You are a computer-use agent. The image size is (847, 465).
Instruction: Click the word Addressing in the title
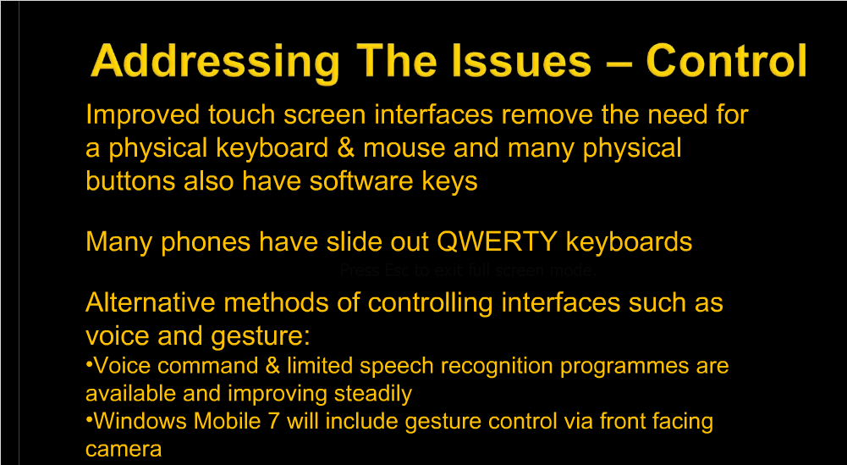(216, 62)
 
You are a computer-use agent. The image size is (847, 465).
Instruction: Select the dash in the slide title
(619, 64)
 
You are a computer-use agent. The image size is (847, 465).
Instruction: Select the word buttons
(130, 180)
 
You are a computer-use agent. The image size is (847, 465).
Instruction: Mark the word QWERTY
(497, 241)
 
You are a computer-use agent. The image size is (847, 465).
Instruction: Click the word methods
(276, 302)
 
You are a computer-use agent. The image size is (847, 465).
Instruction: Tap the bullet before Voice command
(89, 365)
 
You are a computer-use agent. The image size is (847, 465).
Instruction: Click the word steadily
(372, 395)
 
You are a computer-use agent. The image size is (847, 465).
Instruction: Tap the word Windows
(140, 421)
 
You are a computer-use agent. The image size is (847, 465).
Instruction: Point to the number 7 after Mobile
(273, 421)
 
